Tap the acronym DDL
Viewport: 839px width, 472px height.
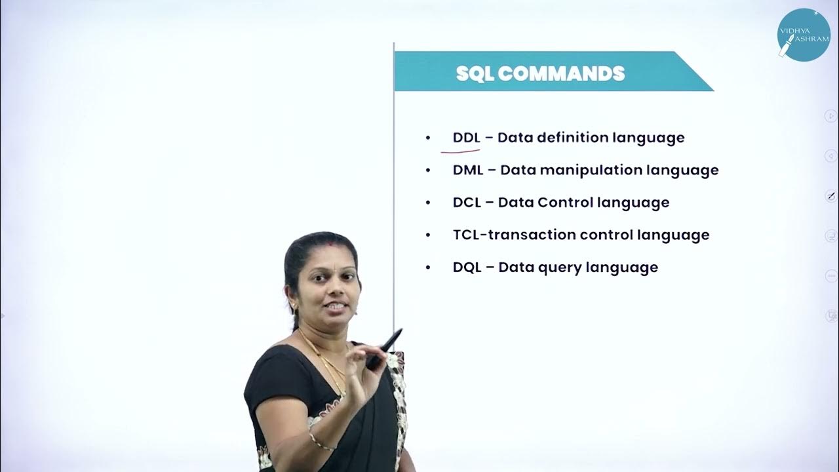(467, 138)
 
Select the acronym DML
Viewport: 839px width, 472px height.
(468, 170)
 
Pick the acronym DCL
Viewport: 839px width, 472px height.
(467, 202)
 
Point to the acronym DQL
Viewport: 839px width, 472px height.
(467, 267)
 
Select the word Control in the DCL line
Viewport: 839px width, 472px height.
(565, 202)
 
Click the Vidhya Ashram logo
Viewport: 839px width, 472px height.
(803, 35)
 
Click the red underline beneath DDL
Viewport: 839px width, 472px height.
(460, 151)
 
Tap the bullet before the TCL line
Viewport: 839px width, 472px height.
(428, 235)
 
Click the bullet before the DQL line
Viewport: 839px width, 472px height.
(428, 267)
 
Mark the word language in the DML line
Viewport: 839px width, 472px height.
(682, 170)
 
